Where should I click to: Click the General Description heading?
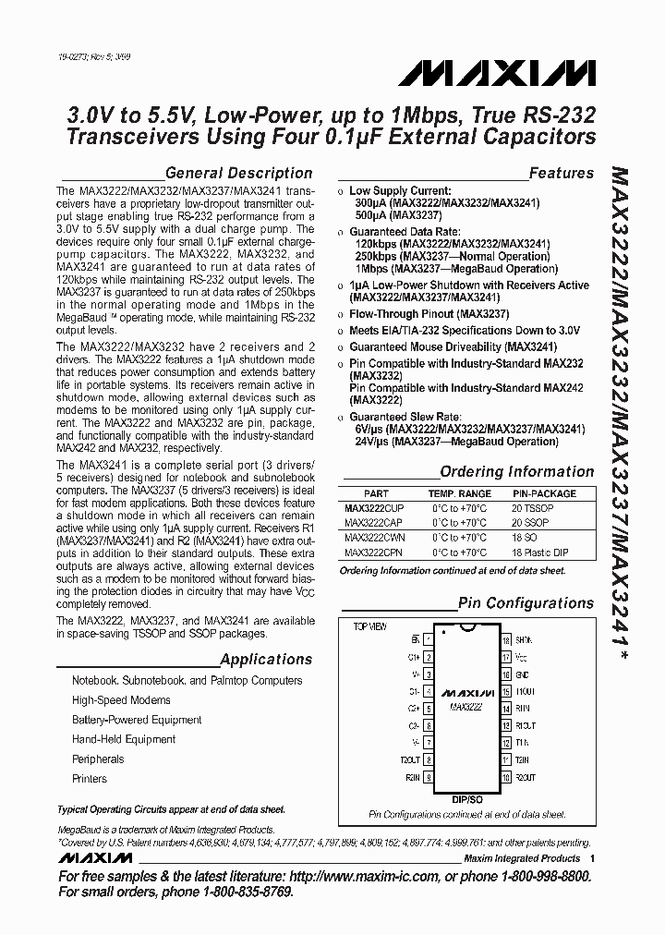click(x=237, y=173)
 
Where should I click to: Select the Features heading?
click(x=561, y=173)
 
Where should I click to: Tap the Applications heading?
click(x=266, y=660)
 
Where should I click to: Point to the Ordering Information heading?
click(x=516, y=471)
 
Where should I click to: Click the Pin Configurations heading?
click(x=526, y=603)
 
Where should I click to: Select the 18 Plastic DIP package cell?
click(x=542, y=552)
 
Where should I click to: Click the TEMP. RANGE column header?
click(x=459, y=494)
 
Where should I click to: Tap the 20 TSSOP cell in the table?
click(x=533, y=508)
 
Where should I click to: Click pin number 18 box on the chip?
click(x=506, y=639)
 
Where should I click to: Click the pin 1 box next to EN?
click(x=429, y=639)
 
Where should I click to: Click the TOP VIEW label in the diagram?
click(x=369, y=626)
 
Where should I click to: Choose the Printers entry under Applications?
click(x=90, y=779)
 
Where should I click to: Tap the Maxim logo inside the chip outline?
click(x=467, y=692)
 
